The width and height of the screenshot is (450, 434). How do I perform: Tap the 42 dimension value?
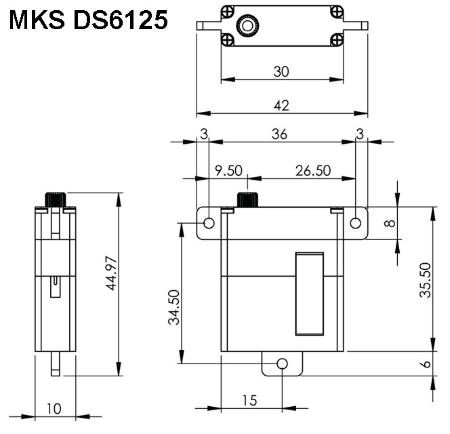pos(281,105)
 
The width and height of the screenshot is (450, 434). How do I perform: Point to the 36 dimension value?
pos(279,134)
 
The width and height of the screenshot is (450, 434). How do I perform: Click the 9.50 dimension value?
pos(228,170)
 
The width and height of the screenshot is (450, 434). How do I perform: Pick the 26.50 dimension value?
pos(312,170)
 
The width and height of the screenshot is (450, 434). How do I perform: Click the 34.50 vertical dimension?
pos(174,307)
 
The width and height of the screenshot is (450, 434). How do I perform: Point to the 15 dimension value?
pos(249,400)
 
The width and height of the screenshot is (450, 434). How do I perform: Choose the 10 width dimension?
pos(54,408)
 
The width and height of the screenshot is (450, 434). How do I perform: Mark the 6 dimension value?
pos(426,364)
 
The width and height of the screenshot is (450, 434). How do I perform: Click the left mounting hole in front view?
pos(209,223)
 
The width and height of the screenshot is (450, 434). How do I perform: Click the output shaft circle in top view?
pos(246,26)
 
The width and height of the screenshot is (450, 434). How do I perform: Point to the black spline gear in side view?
pos(55,199)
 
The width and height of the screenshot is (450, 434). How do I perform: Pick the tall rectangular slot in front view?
pos(309,293)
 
